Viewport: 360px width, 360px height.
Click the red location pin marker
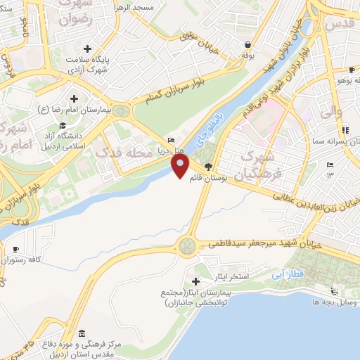pos(180,166)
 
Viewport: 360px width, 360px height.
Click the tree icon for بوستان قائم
pos(208,167)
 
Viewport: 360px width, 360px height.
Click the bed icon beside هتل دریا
pos(172,139)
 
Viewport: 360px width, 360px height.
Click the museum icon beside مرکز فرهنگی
pos(83,333)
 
